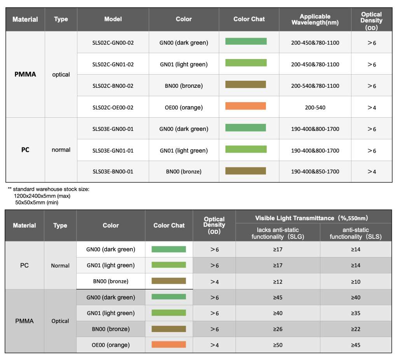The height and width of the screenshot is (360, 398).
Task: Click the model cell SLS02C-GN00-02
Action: [113, 43]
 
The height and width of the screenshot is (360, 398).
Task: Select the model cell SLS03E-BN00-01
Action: [113, 172]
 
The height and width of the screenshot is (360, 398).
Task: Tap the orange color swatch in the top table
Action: [246, 106]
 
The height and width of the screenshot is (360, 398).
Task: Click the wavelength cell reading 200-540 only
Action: [315, 108]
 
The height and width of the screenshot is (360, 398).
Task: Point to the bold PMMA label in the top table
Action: [25, 74]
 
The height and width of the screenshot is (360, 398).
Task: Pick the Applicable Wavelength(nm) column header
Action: [315, 19]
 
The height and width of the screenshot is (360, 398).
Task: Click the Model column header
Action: [113, 19]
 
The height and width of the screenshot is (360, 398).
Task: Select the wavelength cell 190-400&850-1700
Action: [315, 172]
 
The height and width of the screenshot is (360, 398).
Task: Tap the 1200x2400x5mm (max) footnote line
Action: [42, 196]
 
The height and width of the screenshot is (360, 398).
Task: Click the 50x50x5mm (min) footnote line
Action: [37, 202]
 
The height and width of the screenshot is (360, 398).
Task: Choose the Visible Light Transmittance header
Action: [311, 218]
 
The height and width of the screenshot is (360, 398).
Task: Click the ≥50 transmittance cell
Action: [278, 345]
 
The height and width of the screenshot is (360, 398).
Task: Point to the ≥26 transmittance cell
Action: [278, 329]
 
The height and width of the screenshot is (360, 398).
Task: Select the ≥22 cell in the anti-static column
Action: [356, 329]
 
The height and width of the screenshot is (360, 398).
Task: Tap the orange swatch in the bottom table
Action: [169, 344]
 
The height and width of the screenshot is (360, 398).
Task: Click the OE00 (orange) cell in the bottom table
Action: [111, 345]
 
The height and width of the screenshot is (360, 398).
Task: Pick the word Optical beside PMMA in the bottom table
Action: [60, 321]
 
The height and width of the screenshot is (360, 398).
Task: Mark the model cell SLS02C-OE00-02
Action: [113, 108]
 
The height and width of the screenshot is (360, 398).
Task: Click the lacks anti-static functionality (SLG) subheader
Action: [278, 233]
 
